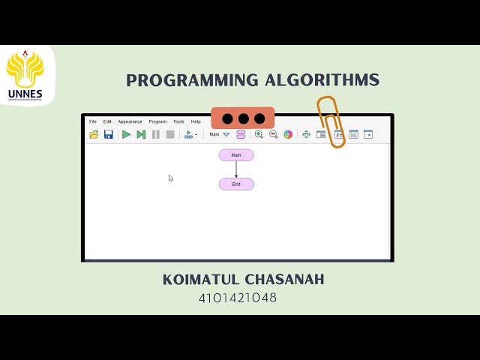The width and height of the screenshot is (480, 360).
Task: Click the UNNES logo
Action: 25,75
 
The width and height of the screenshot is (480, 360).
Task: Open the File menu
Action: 93,121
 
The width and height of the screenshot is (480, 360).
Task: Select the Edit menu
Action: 107,121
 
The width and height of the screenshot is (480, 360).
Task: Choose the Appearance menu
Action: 130,121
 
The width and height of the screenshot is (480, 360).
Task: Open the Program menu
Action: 157,121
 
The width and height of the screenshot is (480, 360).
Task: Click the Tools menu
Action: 178,121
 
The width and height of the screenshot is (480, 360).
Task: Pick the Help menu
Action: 196,121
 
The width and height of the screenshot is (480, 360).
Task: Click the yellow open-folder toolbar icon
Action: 94,134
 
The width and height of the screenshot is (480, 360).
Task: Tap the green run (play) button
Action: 127,134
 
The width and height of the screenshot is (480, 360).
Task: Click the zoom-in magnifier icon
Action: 259,134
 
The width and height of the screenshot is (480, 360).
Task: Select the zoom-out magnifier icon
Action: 273,134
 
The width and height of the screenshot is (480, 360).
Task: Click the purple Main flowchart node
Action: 236,155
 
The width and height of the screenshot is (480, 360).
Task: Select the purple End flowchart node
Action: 236,184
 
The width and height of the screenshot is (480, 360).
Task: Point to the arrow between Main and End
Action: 236,169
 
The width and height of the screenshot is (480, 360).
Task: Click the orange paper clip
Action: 331,121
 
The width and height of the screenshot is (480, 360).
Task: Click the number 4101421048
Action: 238,298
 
